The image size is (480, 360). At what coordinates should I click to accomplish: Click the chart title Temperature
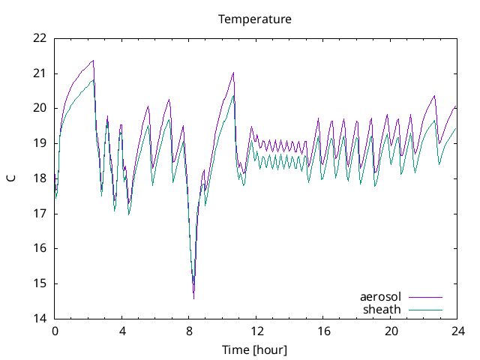(255, 19)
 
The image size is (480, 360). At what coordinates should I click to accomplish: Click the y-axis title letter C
(10, 178)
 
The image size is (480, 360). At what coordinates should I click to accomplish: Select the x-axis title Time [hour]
(255, 350)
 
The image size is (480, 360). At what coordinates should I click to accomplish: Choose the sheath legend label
(382, 309)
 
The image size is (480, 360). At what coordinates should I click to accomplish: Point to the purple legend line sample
(424, 297)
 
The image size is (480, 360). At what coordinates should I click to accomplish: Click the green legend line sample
(424, 309)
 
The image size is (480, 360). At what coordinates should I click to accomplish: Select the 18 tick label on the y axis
(40, 178)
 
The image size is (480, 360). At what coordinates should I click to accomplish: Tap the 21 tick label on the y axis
(40, 73)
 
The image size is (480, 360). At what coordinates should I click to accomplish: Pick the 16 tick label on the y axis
(40, 248)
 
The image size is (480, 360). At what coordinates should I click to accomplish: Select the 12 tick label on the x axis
(256, 331)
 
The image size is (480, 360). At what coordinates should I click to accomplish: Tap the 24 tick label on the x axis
(458, 331)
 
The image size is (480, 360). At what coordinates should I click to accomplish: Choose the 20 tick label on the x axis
(391, 331)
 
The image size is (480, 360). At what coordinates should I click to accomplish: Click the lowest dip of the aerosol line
(193, 298)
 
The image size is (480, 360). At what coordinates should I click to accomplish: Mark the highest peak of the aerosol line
(93, 60)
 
